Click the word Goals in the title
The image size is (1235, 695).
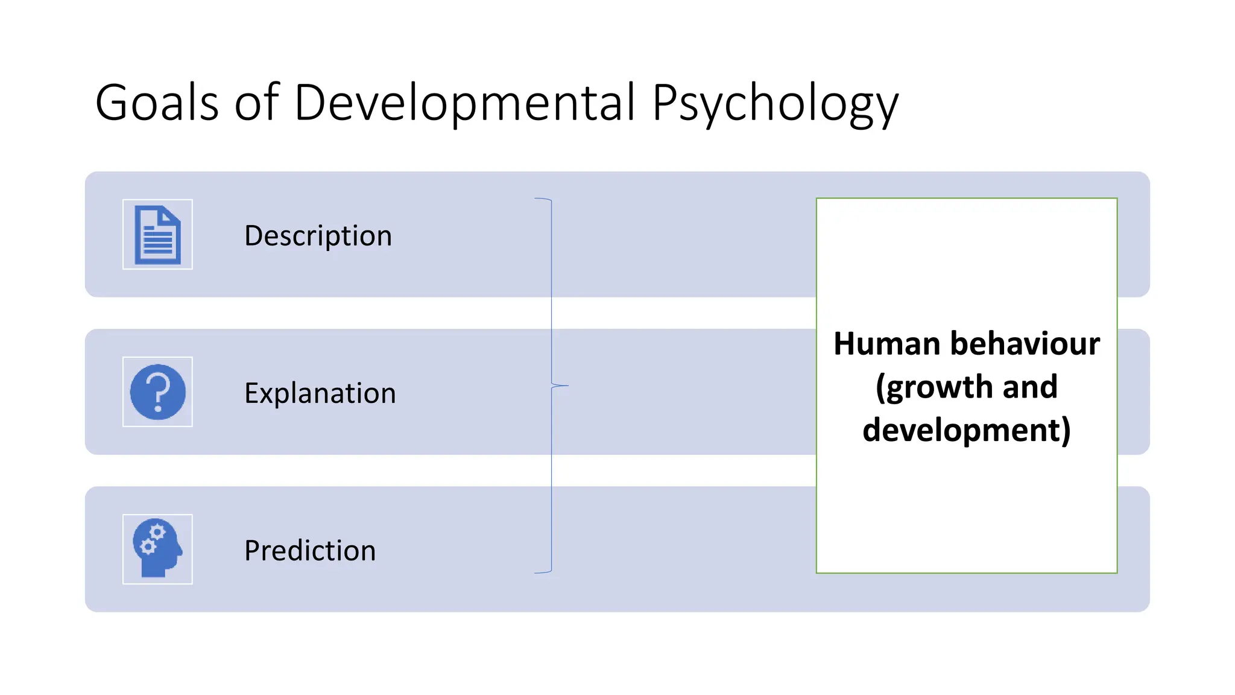point(157,103)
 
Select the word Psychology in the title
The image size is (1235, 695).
point(775,104)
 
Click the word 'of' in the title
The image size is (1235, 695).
point(256,103)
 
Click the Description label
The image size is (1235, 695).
point(318,235)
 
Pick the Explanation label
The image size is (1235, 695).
point(320,393)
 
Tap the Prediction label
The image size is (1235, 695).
point(310,550)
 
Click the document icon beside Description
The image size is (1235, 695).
point(157,235)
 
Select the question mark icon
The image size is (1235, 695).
point(157,392)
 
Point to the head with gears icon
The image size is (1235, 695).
point(157,548)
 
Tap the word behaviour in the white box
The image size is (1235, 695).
point(1025,344)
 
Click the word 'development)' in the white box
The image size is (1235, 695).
point(967,430)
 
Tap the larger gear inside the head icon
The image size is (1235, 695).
point(157,532)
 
